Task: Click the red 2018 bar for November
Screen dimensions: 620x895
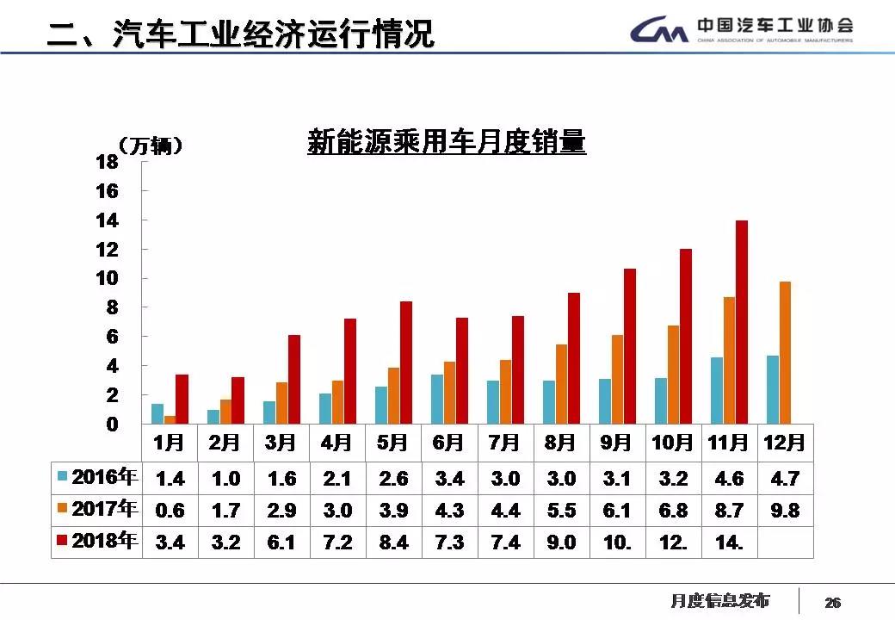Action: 741,322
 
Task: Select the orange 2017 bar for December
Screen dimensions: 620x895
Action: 784,353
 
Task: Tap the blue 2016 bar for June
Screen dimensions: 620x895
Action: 437,399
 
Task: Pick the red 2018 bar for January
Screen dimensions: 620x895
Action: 182,399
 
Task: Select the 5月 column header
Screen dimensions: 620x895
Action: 392,443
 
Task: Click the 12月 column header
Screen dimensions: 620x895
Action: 785,443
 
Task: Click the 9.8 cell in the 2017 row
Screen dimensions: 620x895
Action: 785,511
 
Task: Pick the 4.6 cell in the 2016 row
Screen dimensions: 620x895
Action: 729,479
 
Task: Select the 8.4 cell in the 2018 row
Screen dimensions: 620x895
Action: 393,542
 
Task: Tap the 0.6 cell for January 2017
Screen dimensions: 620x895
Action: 170,511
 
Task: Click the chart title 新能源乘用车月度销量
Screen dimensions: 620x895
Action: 446,142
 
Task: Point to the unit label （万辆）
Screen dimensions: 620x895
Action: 150,146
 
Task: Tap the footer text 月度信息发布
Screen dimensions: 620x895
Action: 719,600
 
